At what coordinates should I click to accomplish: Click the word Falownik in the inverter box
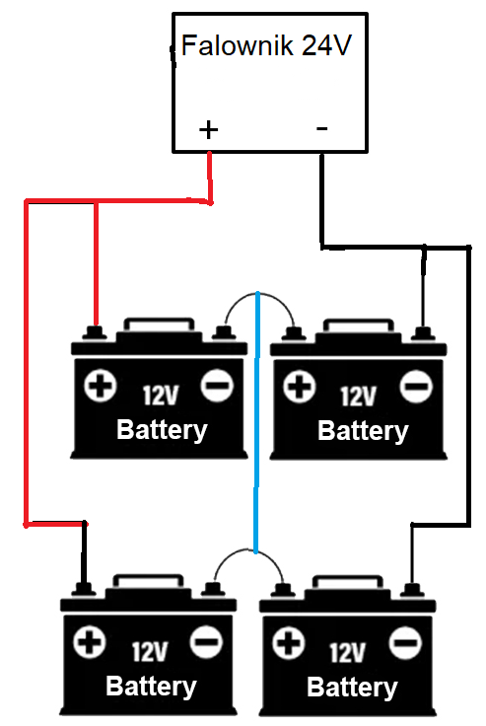pyautogui.click(x=237, y=45)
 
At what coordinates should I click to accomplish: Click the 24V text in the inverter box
pyautogui.click(x=326, y=45)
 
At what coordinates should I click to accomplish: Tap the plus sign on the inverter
pyautogui.click(x=208, y=129)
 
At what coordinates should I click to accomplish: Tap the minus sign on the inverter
pyautogui.click(x=322, y=128)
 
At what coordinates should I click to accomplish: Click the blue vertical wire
pyautogui.click(x=256, y=422)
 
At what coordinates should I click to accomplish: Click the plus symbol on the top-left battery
pyautogui.click(x=100, y=386)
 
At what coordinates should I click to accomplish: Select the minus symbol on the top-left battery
pyautogui.click(x=217, y=386)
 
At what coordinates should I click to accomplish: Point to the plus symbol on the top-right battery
pyautogui.click(x=300, y=386)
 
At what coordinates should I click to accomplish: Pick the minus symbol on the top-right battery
pyautogui.click(x=417, y=386)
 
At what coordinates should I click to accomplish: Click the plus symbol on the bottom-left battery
pyautogui.click(x=90, y=642)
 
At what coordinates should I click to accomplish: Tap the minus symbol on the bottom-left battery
pyautogui.click(x=206, y=642)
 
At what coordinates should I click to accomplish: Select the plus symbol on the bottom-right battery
pyautogui.click(x=289, y=643)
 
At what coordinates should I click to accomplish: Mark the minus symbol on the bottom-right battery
pyautogui.click(x=406, y=643)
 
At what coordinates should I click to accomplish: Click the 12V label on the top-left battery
pyautogui.click(x=160, y=396)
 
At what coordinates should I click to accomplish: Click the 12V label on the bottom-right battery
pyautogui.click(x=347, y=652)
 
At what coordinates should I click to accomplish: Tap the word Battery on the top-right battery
pyautogui.click(x=363, y=431)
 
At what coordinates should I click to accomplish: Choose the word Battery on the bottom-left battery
pyautogui.click(x=151, y=687)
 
